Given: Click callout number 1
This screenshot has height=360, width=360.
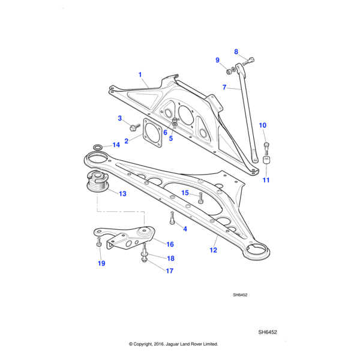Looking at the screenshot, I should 140,75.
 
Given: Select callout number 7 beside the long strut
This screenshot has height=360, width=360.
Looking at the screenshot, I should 224,87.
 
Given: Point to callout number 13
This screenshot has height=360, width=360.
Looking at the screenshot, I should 122,194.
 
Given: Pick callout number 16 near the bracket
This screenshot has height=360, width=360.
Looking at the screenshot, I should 170,244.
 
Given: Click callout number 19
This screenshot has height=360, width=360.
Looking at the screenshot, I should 101,263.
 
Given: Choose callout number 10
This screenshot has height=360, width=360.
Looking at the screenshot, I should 263,125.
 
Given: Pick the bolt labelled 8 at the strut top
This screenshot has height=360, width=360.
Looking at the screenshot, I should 250,59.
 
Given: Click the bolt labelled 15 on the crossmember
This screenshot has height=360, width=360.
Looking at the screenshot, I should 200,198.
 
